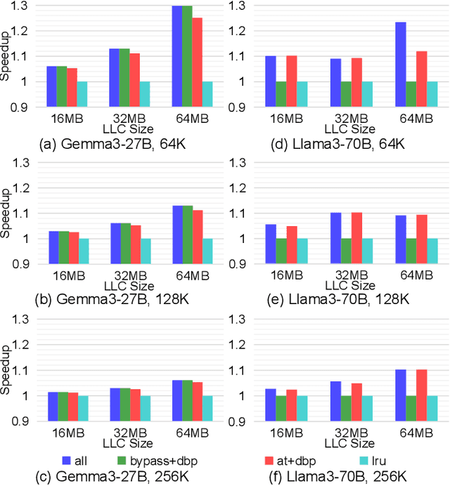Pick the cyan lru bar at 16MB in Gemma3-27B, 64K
point(82,94)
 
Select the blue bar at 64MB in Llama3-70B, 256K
point(380,395)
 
